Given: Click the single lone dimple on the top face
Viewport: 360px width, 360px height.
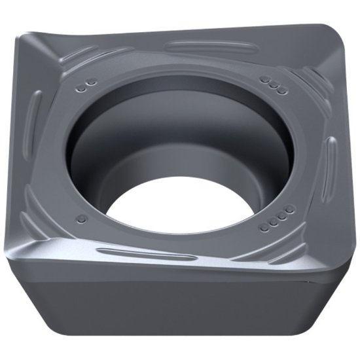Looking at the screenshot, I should pos(81,218).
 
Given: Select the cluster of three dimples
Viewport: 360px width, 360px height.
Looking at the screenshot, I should pos(273,84).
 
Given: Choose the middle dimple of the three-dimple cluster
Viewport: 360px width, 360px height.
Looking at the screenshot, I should pos(273,84).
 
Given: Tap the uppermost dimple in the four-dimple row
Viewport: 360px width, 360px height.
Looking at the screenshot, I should pos(289,208).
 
